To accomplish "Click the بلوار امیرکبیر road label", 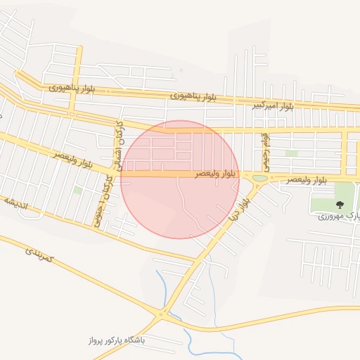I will (274, 106).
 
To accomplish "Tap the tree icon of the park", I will (340, 205).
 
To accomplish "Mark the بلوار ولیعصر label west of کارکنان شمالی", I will (70, 157).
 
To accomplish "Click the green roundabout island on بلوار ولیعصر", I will (259, 178).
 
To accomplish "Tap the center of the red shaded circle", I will (180, 179).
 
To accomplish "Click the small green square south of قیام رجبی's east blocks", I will (291, 153).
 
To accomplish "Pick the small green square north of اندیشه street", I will (77, 190).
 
